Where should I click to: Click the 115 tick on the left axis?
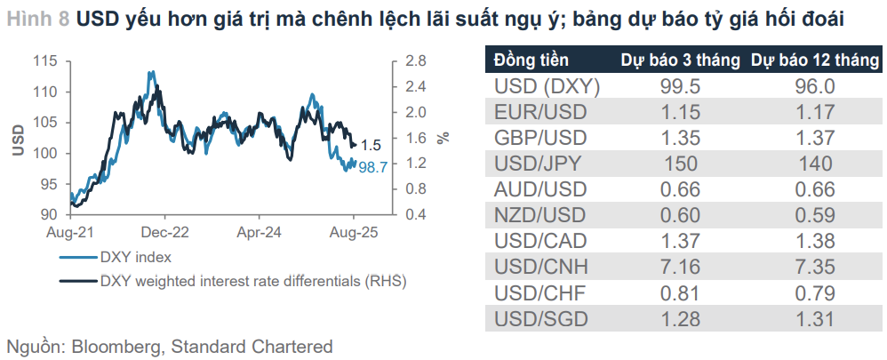point(45,61)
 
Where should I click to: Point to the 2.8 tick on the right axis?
point(417,61)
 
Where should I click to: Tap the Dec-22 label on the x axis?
point(165,232)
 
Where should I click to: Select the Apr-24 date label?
point(260,232)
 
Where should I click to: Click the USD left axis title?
point(18,140)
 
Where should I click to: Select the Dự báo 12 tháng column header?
point(815,61)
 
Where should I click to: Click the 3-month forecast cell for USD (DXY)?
point(680,87)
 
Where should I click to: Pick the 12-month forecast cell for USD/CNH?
point(815,267)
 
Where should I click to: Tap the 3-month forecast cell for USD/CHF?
point(680,292)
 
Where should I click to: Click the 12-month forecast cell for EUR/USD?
point(815,112)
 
